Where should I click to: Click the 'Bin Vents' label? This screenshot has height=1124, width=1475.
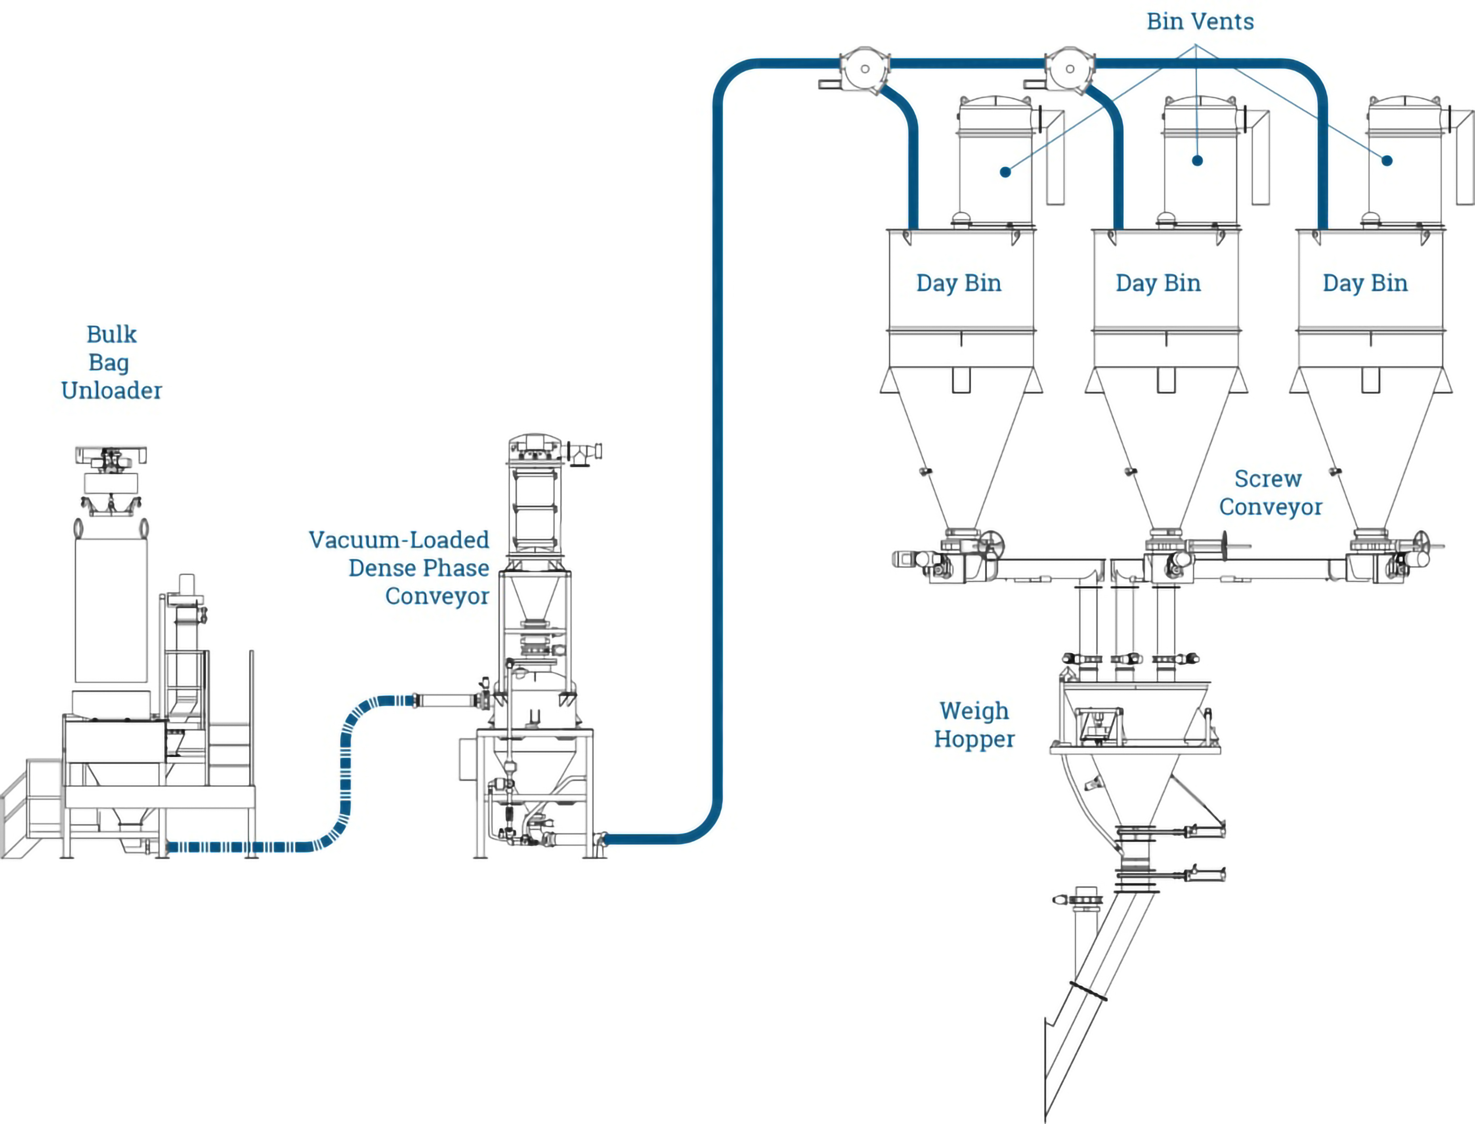pos(1200,22)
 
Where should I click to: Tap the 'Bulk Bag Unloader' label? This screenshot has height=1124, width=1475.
pos(111,362)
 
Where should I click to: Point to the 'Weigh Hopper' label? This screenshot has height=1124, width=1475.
pos(974,724)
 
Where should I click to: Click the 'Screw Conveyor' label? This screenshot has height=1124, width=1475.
pos(1270,492)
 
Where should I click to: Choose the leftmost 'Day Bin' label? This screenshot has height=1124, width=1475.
pos(959,283)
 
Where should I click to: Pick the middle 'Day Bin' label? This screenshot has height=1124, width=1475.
pos(1158,283)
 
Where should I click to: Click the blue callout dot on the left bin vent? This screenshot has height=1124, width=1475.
pos(1005,172)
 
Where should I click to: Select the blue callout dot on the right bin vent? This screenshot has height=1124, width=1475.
pos(1387,160)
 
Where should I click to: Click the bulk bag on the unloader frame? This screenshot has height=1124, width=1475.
pos(111,609)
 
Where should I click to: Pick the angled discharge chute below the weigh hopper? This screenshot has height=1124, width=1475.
pos(1097,1004)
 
